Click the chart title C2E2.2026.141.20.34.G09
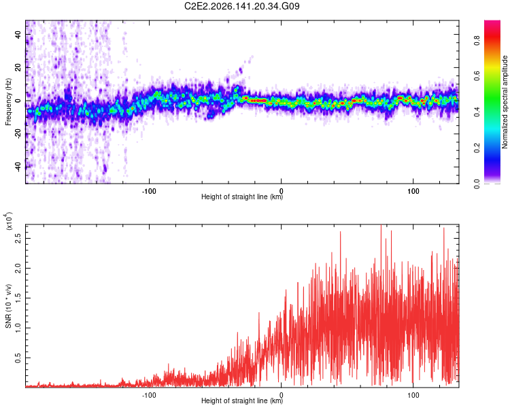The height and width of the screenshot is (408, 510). point(241,6)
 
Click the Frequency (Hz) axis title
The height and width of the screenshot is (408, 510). point(8,102)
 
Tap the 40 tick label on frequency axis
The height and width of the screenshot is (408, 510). point(18,34)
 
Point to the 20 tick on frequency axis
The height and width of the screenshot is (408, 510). point(18,67)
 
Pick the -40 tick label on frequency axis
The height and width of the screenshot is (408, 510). point(18,166)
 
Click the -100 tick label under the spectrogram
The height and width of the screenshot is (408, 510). point(149,191)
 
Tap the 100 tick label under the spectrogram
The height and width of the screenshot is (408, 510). point(413,191)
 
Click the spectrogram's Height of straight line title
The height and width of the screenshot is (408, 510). point(241,197)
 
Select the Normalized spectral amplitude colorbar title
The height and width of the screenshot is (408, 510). point(505,102)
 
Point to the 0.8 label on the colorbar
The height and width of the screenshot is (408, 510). point(477,41)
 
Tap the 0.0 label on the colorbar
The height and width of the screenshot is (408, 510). point(477,184)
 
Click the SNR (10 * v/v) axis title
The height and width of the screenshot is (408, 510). point(8,306)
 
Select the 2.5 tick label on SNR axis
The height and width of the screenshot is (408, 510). point(18,238)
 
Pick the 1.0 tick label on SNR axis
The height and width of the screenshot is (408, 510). point(18,328)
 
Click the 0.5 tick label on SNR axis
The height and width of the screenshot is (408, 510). point(18,358)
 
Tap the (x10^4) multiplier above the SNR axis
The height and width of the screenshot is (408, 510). point(8,221)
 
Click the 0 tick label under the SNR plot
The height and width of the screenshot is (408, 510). point(282,395)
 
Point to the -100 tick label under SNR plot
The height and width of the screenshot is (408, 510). point(149,395)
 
